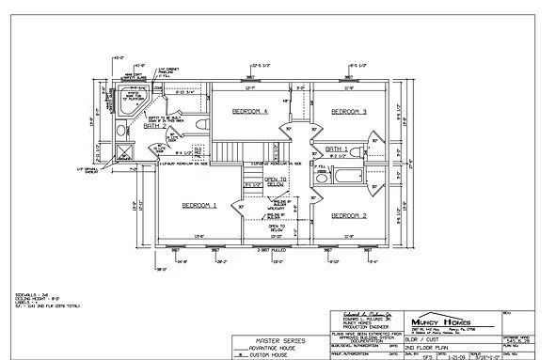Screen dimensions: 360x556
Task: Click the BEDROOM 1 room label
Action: pos(199,205)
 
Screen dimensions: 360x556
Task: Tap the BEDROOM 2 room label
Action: pos(347,215)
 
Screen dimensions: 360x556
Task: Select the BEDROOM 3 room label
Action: pos(347,112)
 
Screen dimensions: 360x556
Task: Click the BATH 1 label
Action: pos(337,149)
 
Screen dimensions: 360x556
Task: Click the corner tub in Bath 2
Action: pos(127,100)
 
